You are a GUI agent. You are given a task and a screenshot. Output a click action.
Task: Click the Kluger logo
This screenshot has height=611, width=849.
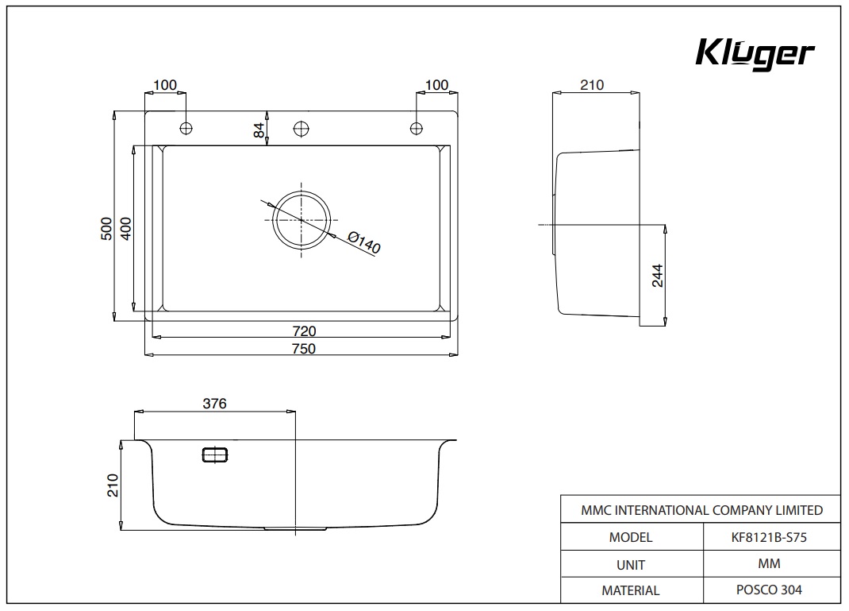pos(755,54)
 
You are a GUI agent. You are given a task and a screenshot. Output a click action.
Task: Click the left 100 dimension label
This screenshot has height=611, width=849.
pos(165,85)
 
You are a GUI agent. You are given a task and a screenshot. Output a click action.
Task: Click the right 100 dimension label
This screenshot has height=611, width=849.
pos(436,85)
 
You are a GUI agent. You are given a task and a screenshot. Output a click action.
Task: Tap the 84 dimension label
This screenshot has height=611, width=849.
pos(259,130)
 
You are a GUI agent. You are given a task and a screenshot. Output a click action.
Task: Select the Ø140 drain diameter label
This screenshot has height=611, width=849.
pos(364,242)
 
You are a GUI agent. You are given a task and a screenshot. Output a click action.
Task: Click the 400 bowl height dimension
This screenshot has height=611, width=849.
pos(125,229)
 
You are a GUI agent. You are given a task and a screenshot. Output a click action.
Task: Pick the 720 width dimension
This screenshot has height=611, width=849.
pos(304,331)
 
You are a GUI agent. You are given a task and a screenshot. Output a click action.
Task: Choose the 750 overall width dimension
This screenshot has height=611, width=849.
pos(303,348)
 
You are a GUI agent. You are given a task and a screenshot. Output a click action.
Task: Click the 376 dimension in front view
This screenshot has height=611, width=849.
pos(214,404)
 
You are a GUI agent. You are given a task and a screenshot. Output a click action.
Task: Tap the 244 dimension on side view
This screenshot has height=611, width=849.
pos(657,275)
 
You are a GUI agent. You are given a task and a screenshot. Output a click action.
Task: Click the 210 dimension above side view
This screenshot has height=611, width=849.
pos(592,85)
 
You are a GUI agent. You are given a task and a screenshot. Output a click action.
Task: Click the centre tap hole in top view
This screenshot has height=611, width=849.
pos(302,128)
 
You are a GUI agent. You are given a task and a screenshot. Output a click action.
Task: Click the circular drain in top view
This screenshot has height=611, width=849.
pos(302,219)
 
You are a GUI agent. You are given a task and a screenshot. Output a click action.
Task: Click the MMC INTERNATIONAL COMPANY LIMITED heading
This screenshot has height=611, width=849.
pos(701,510)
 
